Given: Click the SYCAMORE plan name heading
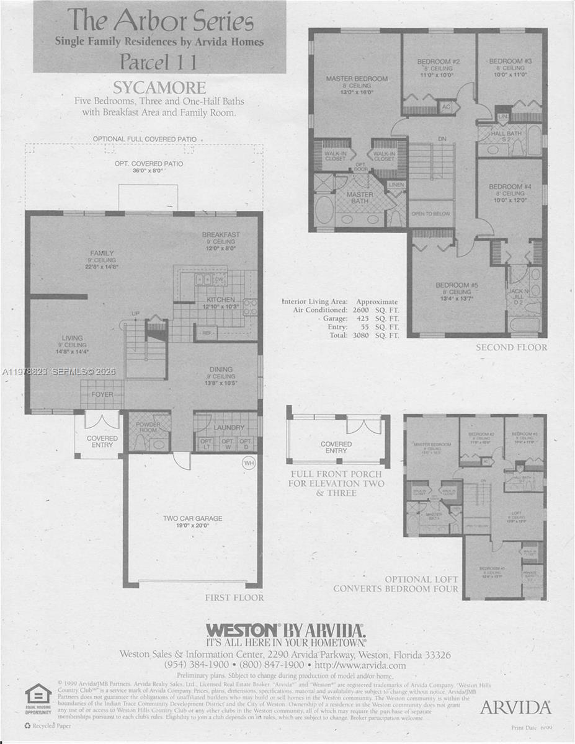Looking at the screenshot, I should click(x=159, y=87).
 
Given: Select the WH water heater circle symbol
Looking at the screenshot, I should click(x=249, y=463).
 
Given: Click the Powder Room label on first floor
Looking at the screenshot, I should click(x=148, y=427).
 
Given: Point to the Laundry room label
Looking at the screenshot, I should click(x=226, y=427).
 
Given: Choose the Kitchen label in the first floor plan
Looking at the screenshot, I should click(x=221, y=299).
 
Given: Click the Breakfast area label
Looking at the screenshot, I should click(x=221, y=235).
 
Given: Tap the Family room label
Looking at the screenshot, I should click(x=102, y=253).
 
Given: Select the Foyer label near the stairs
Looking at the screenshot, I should click(x=102, y=394).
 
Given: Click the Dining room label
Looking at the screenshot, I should click(x=221, y=369).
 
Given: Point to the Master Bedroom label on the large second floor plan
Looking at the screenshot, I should click(x=357, y=79).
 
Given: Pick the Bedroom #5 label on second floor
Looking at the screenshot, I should click(x=457, y=285).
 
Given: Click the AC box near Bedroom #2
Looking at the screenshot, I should click(x=445, y=107).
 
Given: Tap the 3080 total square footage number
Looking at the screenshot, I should click(x=360, y=335).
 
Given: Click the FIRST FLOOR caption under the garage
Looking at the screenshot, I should click(x=234, y=598).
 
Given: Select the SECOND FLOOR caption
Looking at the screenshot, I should click(x=511, y=347).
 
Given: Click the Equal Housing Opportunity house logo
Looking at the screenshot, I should click(x=38, y=696).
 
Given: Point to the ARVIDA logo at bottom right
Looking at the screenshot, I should click(x=515, y=707).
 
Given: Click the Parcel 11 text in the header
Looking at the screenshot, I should click(x=159, y=62).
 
